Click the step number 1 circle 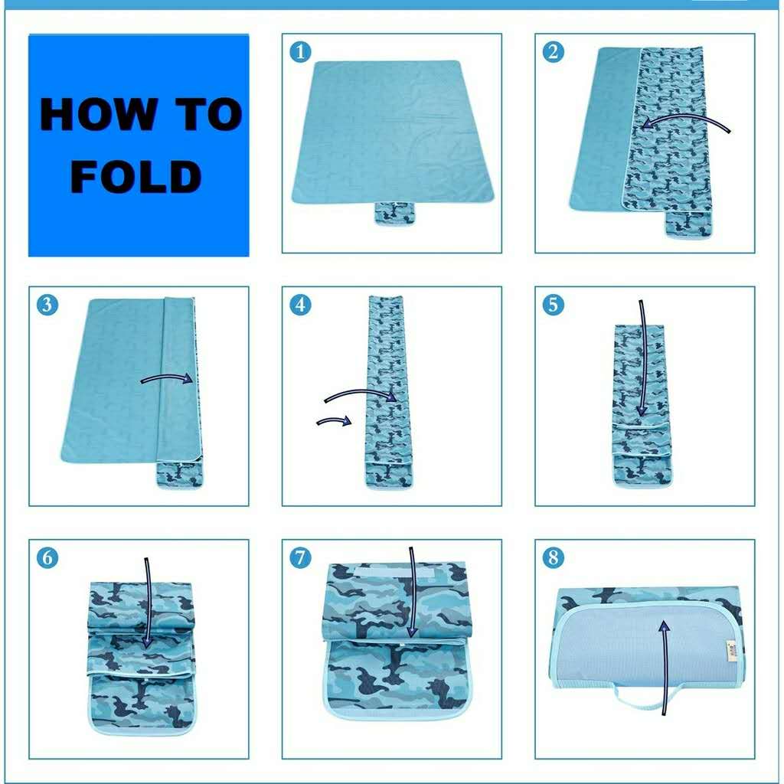click(x=300, y=52)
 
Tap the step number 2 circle click(x=554, y=52)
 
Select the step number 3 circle click(x=47, y=305)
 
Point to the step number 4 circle click(x=300, y=305)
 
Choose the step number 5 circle click(x=554, y=305)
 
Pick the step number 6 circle click(x=47, y=558)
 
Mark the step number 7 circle click(x=300, y=558)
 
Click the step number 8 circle click(x=554, y=558)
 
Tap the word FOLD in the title click(x=136, y=177)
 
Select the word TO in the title click(x=209, y=115)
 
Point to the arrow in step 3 click(x=166, y=377)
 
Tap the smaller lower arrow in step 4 click(x=334, y=420)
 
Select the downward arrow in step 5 click(x=643, y=358)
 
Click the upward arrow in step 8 click(x=665, y=668)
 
